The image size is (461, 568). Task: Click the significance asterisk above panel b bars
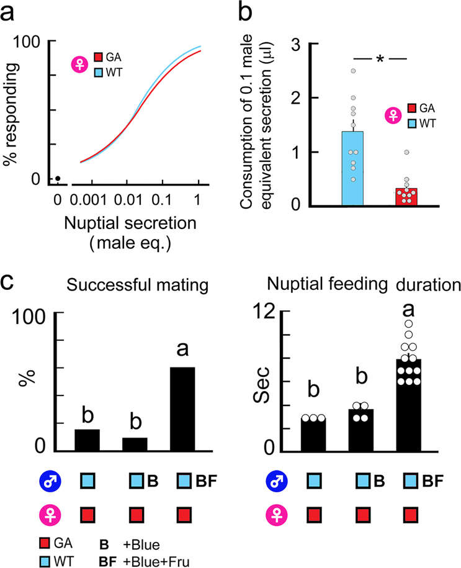(x=379, y=59)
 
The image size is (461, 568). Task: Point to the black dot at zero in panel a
(x=57, y=179)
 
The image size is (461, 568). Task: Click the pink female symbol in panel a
(x=78, y=64)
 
